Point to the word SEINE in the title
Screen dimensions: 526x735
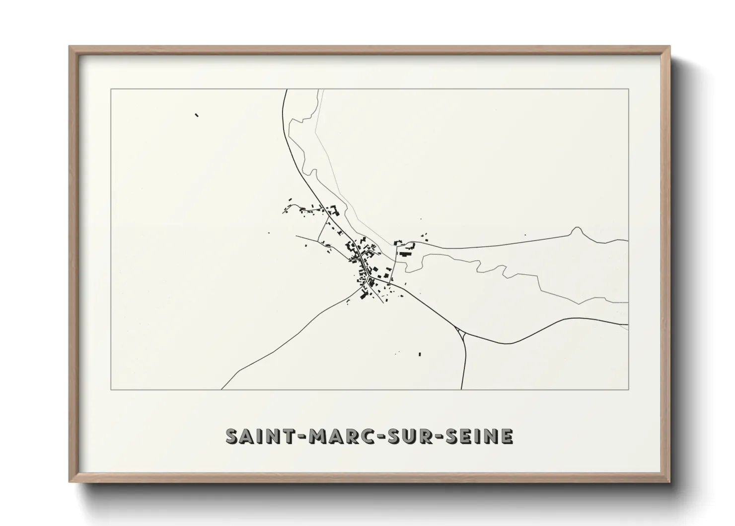478,436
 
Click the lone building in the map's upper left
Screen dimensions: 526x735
197,115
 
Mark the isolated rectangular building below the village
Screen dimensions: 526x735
420,354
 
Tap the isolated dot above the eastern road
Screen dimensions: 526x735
525,235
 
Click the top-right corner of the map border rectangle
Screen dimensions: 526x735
628,89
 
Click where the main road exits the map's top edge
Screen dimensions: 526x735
286,89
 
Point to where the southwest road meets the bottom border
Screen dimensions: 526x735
221,389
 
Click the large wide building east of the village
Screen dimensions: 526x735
407,254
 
